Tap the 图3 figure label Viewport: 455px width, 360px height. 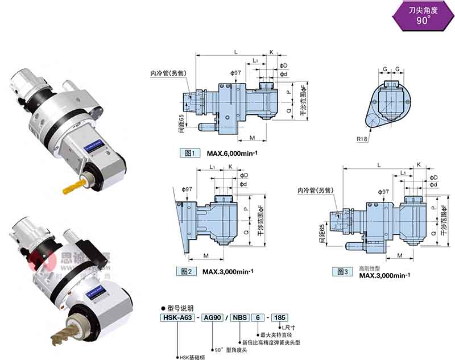tap(342, 271)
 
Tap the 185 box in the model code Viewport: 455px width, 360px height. tap(281, 317)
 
